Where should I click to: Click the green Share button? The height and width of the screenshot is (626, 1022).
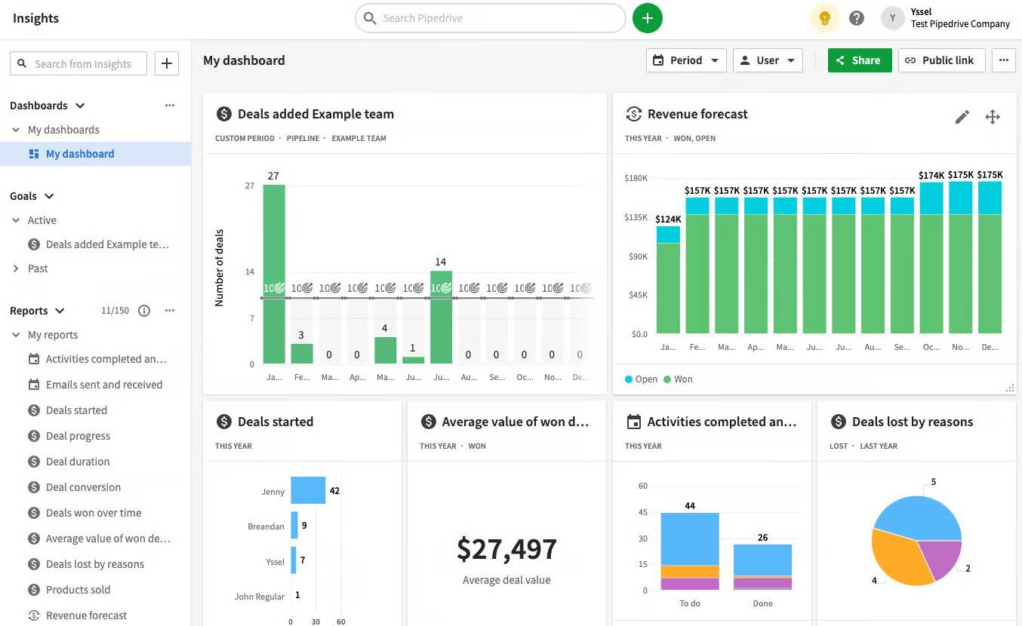click(859, 60)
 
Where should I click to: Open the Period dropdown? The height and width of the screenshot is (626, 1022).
click(685, 60)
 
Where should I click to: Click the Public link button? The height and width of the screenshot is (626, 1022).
click(940, 60)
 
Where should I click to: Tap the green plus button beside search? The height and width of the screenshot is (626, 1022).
click(647, 18)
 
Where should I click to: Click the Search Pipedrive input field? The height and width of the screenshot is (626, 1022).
click(491, 18)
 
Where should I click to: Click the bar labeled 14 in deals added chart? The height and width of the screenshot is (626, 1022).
click(441, 317)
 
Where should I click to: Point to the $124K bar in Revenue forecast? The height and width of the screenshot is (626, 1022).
click(668, 283)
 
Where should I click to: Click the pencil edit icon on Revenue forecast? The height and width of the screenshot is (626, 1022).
click(962, 117)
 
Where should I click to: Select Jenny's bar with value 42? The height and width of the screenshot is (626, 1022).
click(308, 490)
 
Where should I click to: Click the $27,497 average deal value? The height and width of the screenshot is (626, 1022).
click(506, 549)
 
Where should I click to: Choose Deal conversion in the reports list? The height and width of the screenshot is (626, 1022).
click(83, 487)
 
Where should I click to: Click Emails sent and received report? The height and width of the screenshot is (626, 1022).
click(103, 385)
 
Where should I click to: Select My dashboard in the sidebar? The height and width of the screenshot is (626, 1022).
click(80, 154)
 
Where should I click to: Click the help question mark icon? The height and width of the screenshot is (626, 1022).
click(856, 18)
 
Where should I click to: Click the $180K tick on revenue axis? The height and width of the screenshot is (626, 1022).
click(636, 178)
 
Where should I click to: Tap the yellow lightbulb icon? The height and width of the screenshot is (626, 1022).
click(824, 18)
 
